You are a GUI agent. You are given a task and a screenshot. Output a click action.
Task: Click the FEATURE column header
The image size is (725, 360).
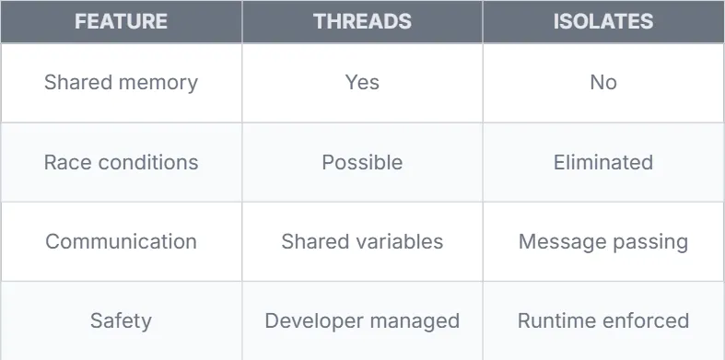coord(122,21)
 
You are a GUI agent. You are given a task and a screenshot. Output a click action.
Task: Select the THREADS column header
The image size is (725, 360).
coord(363,21)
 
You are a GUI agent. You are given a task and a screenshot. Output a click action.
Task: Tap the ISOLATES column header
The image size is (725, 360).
coord(603,21)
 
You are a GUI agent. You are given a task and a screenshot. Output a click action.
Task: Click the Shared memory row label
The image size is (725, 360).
coord(122,83)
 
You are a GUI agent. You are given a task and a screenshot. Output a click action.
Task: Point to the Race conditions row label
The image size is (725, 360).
coord(122,162)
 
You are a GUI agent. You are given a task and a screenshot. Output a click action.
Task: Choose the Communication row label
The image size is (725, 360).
coord(122,242)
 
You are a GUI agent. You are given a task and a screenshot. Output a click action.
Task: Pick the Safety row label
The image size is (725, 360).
coord(122,321)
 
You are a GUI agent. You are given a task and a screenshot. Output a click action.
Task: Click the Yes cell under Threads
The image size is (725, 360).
coord(363,83)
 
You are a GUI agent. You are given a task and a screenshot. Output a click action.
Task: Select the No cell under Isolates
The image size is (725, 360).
coord(603,83)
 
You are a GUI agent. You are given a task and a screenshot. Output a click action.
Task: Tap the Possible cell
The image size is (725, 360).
coord(363,162)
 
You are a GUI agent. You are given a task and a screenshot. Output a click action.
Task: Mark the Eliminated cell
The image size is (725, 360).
coord(603,162)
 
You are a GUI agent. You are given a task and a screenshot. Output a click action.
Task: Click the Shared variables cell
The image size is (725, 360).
coord(363,242)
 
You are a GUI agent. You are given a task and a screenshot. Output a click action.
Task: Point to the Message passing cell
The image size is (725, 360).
coord(603,242)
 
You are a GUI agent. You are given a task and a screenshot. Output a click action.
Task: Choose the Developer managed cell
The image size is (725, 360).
coord(363,321)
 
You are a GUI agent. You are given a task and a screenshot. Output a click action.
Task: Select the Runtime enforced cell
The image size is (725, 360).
coord(603,321)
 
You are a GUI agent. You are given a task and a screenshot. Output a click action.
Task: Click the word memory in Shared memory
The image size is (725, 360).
coord(158,84)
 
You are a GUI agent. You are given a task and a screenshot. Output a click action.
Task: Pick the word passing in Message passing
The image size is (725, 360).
coord(652,243)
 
